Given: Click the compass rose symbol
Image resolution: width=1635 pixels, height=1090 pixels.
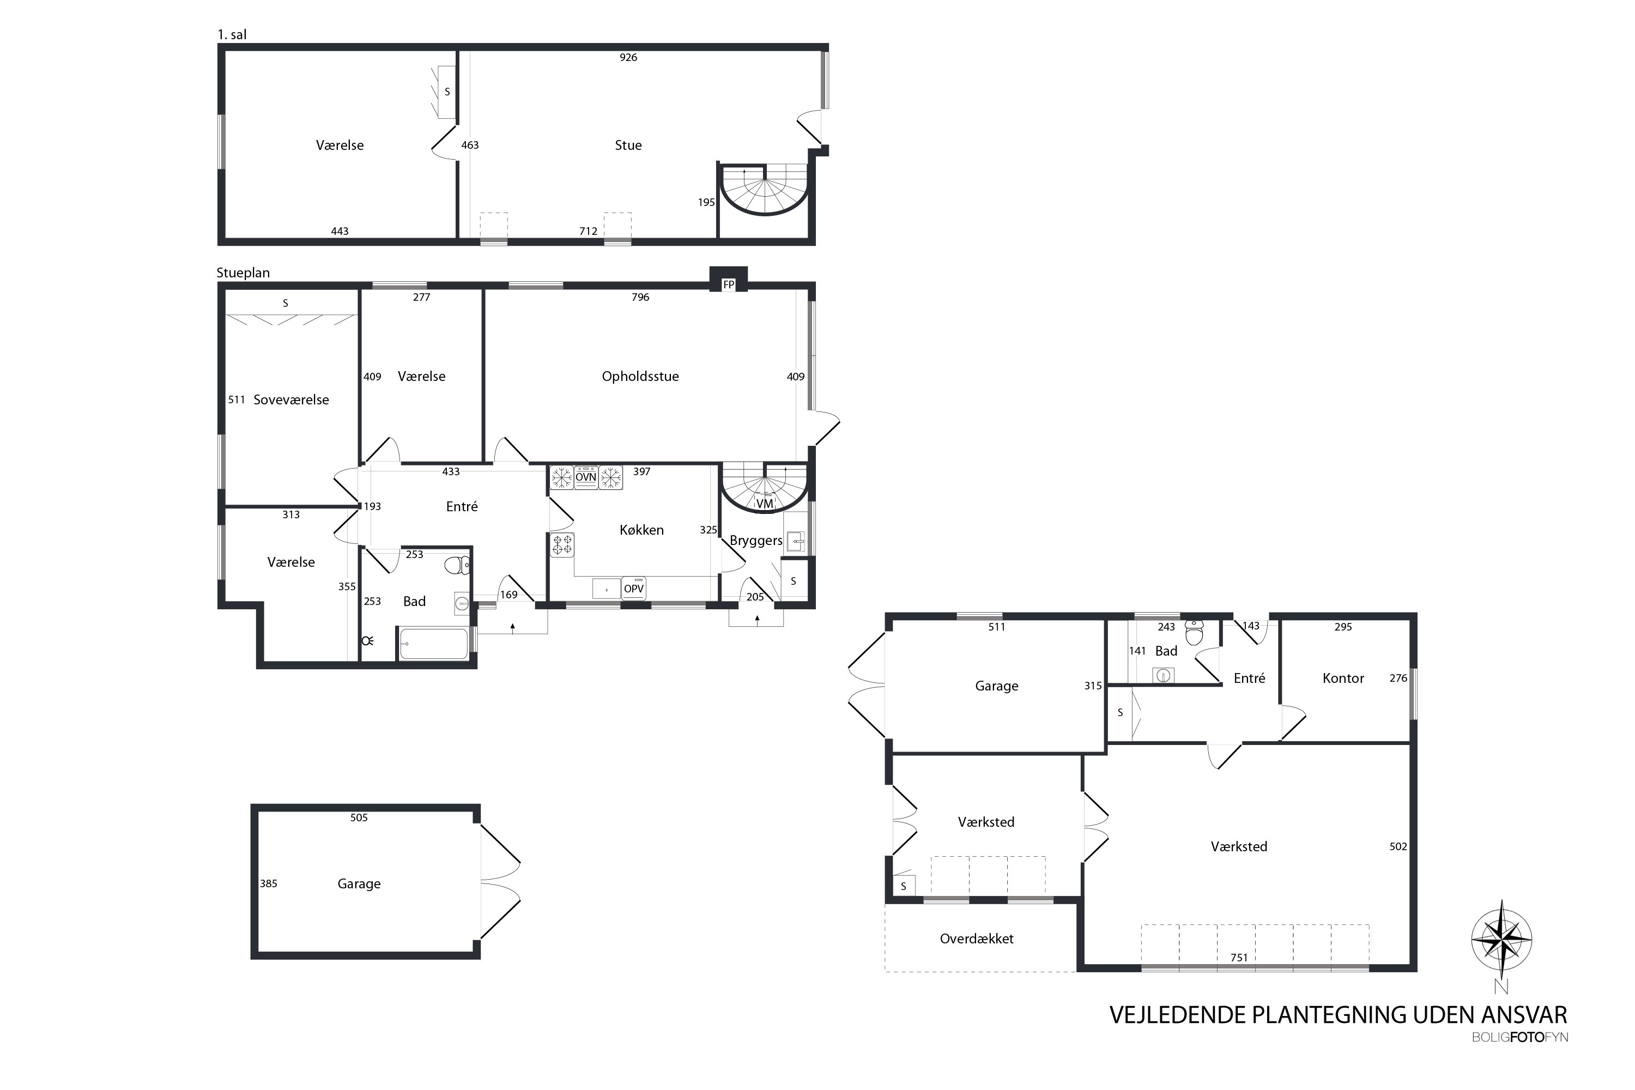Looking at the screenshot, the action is tap(1501, 939).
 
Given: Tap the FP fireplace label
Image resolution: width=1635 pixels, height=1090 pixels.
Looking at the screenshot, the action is tap(729, 284).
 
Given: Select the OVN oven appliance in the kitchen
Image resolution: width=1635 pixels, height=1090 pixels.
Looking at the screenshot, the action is tap(586, 477).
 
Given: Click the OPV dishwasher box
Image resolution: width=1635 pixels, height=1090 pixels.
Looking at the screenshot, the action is tap(634, 588).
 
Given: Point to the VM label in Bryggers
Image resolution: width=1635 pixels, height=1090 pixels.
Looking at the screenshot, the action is tap(765, 503).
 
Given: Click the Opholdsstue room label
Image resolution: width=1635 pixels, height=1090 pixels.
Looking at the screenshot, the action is tap(640, 376).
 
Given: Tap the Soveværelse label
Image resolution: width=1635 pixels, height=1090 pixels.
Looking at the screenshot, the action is tap(290, 399).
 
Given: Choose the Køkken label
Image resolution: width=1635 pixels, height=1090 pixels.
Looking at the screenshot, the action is tap(641, 530).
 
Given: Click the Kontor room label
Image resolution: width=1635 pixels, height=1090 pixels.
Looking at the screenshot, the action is tap(1343, 678).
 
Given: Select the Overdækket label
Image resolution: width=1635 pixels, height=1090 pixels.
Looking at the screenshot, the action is tap(977, 938).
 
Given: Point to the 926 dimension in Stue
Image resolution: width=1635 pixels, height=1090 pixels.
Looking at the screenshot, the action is tap(628, 58).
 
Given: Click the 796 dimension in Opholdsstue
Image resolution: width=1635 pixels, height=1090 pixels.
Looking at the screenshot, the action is tap(640, 297).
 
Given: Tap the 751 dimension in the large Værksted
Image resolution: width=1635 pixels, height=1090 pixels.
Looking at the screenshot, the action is tap(1239, 957).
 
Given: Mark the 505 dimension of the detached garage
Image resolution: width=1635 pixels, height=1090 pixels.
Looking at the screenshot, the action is tap(359, 818).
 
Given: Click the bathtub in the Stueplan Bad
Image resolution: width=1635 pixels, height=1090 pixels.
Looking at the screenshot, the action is tap(434, 644).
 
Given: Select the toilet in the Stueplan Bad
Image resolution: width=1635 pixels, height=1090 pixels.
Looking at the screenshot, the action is tap(457, 565).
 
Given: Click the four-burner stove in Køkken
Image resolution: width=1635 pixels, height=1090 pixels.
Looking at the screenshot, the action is tap(562, 545).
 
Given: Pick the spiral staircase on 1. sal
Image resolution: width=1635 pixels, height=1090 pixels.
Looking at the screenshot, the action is tap(765, 190).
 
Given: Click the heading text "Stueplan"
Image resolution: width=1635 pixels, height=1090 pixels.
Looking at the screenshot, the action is tap(243, 273).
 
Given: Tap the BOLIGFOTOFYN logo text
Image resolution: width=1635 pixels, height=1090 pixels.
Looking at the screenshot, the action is tap(1519, 1037).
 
